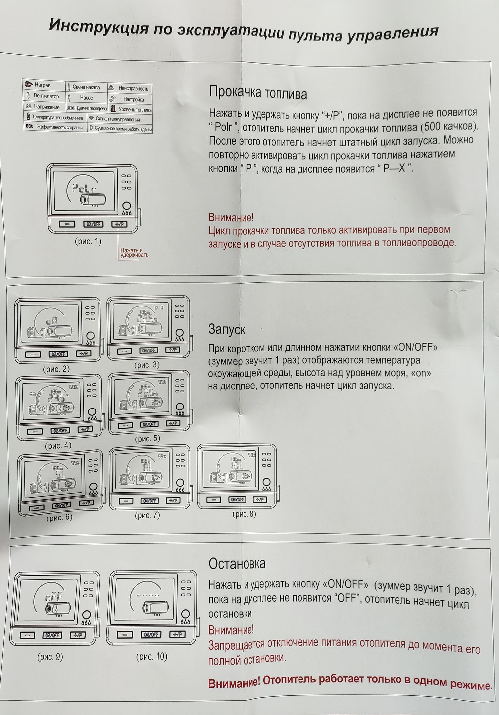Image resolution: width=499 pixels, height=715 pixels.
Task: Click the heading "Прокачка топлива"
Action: tap(258, 93)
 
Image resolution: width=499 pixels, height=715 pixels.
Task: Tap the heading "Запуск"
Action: tap(226, 329)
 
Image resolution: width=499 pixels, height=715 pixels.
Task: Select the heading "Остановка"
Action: tap(237, 563)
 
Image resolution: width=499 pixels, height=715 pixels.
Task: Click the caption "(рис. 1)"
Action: tap(88, 242)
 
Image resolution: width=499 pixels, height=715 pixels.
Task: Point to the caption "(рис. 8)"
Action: tap(244, 514)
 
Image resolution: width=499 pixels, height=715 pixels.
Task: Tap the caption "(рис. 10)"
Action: tap(152, 656)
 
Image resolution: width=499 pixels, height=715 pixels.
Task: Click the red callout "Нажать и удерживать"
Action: tap(134, 253)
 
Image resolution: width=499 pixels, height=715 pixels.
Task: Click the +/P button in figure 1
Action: tap(120, 224)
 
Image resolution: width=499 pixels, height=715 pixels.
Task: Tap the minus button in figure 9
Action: tap(26, 635)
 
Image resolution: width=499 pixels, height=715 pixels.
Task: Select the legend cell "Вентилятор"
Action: tap(46, 96)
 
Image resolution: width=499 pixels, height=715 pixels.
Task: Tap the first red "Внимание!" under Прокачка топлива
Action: tap(231, 217)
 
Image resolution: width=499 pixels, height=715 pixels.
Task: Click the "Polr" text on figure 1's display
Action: tap(82, 189)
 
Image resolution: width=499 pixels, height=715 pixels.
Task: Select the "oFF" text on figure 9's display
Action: tap(53, 596)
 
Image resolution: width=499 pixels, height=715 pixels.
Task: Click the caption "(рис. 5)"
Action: tap(147, 439)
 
